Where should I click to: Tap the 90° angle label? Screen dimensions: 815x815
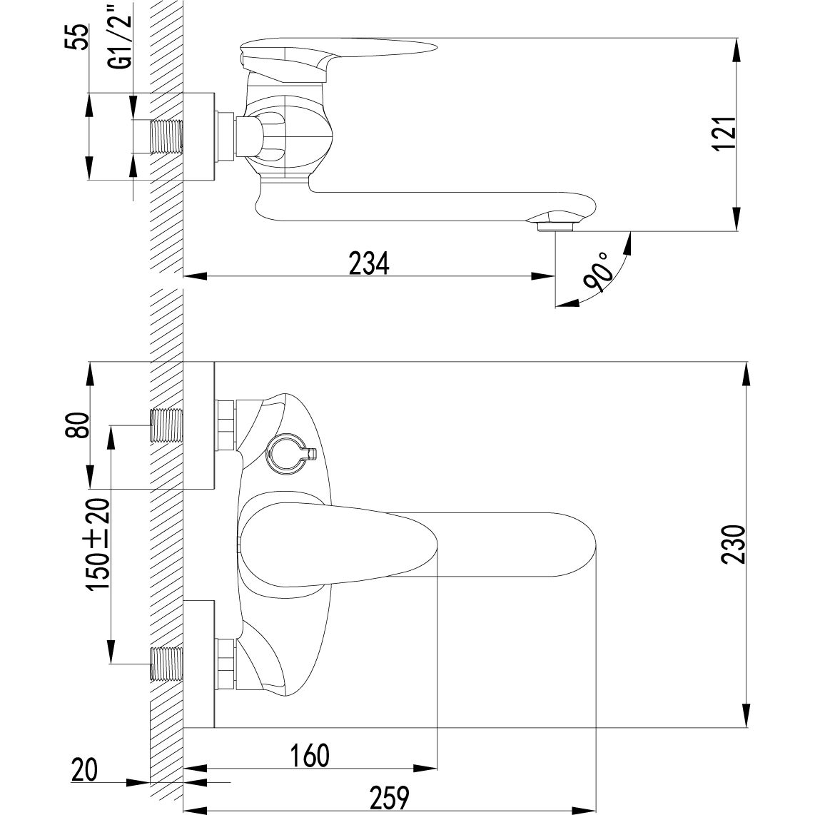click(x=598, y=272)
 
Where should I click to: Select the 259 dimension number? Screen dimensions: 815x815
click(x=390, y=796)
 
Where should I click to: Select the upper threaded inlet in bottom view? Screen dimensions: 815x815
click(x=167, y=425)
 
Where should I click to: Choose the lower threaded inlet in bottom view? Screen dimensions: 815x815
click(x=167, y=664)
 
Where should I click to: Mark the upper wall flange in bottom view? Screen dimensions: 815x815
click(x=199, y=425)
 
